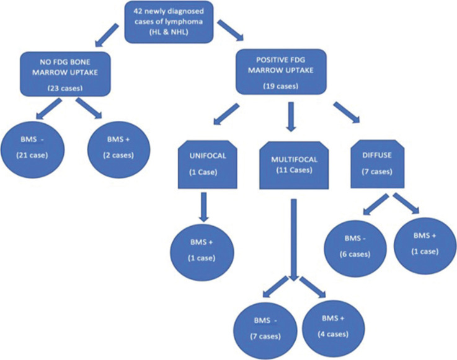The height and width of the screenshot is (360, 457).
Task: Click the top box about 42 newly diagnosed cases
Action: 169,22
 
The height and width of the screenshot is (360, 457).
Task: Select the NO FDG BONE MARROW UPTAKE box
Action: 65,74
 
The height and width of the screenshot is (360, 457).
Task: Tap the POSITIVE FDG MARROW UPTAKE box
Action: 281,72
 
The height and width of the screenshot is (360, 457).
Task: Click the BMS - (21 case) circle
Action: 32,149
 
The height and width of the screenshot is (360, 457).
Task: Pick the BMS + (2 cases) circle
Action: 118,149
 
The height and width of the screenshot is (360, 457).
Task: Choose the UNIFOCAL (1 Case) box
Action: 208,164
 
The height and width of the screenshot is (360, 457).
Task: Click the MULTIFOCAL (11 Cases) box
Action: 294,165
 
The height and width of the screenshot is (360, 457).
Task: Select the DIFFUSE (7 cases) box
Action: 378,164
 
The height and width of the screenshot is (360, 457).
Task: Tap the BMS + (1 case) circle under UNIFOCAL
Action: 202,252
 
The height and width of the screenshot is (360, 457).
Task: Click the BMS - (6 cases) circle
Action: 355,248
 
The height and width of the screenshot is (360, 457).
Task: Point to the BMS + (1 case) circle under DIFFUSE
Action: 425,245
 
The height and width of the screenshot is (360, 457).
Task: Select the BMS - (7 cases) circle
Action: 265,331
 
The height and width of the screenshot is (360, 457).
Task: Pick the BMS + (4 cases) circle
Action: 334,328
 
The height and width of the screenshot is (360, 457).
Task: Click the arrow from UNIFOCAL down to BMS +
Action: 204,207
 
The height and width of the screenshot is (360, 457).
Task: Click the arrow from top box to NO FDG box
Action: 107,35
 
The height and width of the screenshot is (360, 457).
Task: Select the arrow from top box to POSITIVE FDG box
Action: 231,30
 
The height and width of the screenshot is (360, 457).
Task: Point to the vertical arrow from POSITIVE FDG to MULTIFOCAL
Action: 291,116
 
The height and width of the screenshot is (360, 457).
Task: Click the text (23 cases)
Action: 65,88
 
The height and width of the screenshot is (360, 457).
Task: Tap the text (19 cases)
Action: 281,86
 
